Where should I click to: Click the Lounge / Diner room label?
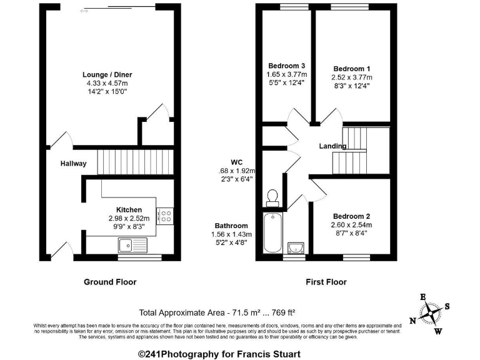[x=110, y=74]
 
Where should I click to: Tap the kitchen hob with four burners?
[x=166, y=216]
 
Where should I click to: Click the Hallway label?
[x=73, y=164]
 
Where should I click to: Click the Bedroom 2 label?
[x=351, y=216]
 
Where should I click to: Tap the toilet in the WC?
[x=272, y=198]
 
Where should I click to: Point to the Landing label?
[x=332, y=146]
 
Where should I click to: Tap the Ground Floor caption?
[x=110, y=282]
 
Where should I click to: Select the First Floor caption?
[x=326, y=282]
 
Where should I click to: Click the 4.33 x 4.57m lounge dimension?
[x=110, y=83]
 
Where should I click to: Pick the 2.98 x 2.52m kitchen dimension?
[x=129, y=218]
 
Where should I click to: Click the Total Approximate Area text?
[x=217, y=312]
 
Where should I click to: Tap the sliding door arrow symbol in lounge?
[x=84, y=11]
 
